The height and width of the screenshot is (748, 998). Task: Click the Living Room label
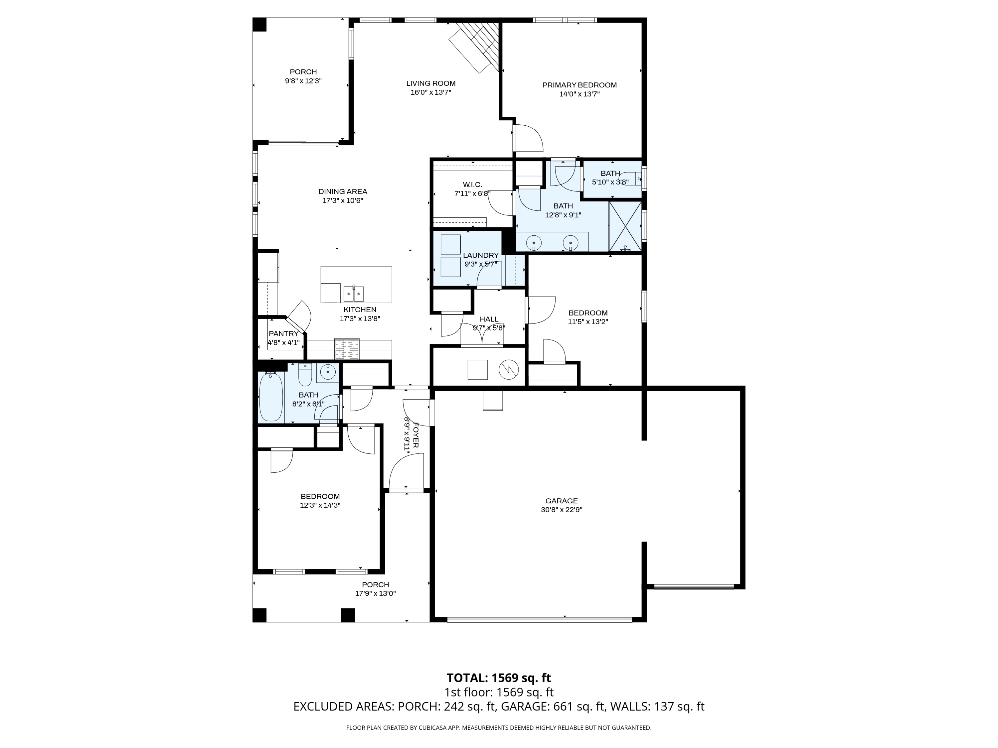click(x=430, y=83)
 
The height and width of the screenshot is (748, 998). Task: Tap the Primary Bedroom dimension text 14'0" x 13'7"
click(x=579, y=94)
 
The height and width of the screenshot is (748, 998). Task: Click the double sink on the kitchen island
click(x=353, y=294)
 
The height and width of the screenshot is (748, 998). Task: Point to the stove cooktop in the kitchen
click(x=347, y=348)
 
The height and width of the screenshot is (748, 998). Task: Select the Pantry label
click(x=283, y=334)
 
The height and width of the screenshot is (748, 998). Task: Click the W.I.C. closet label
click(x=472, y=185)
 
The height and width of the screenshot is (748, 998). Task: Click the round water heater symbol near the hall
click(x=508, y=370)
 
